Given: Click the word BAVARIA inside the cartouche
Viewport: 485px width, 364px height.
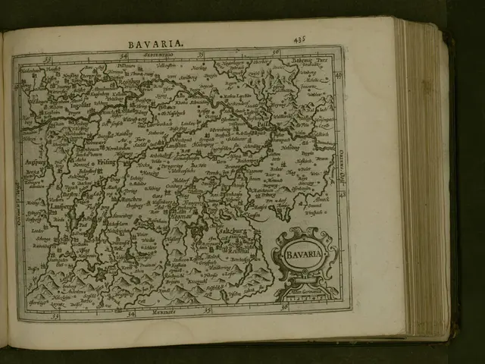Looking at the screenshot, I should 304,254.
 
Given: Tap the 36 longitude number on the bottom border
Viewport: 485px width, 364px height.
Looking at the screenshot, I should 286,309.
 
